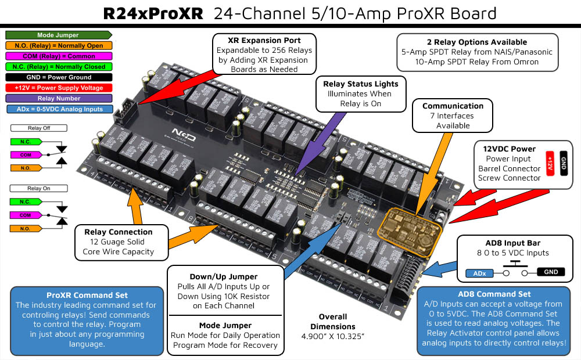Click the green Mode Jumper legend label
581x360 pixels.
[x=58, y=35]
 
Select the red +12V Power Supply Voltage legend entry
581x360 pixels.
[x=58, y=88]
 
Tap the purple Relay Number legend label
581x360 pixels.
[x=58, y=98]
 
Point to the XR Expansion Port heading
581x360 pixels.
[x=265, y=41]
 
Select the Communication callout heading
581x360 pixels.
[x=453, y=106]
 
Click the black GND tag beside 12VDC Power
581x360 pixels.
[x=563, y=163]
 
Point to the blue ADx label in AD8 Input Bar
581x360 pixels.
[x=479, y=272]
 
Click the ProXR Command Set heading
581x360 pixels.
[x=87, y=295]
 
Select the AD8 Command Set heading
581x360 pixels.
[x=494, y=294]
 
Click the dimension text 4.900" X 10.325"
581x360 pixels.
[x=333, y=336]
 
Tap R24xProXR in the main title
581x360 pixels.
[x=153, y=13]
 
